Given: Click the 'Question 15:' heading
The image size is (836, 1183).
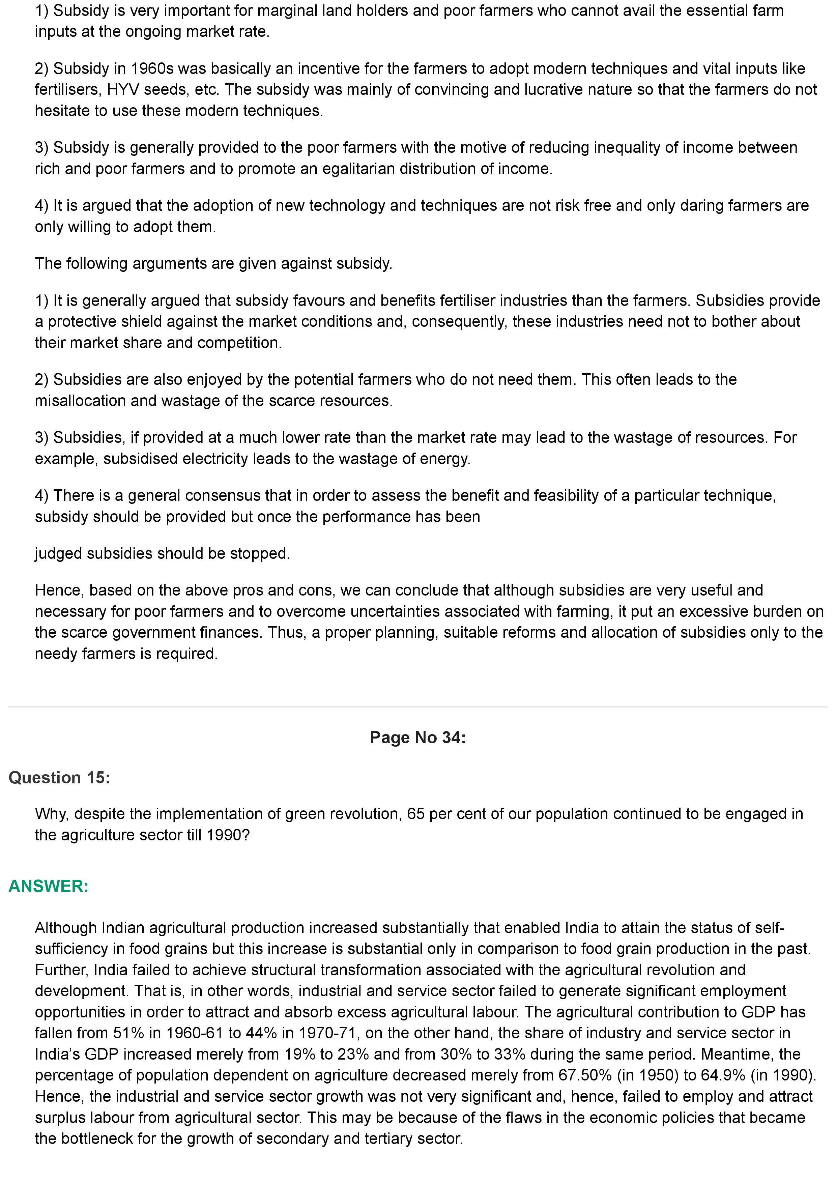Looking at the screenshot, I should tap(59, 778).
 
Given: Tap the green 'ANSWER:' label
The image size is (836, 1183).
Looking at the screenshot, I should tap(49, 886).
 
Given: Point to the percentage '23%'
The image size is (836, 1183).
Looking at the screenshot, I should tap(353, 1054).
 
